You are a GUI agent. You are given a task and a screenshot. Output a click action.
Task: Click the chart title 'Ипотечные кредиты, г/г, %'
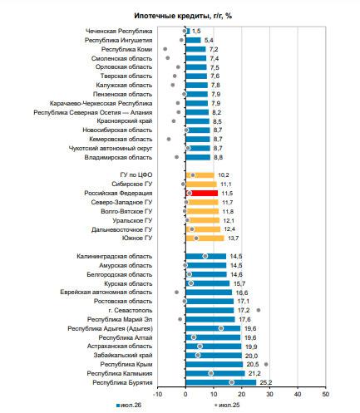click(183, 16)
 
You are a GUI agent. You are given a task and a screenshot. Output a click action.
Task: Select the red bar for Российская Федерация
click(202, 193)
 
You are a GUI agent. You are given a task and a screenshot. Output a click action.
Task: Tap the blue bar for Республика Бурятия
click(221, 382)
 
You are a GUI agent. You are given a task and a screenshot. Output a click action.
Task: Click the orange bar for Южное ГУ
click(205, 238)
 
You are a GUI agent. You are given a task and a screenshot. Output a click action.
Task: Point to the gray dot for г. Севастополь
click(259, 310)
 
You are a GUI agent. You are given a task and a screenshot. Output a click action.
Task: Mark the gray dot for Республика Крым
click(266, 364)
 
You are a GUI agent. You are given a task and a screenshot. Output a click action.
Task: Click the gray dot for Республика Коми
click(165, 49)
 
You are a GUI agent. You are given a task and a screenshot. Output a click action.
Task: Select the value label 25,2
click(265, 382)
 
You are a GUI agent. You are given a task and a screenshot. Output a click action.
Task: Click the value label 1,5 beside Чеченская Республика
click(196, 31)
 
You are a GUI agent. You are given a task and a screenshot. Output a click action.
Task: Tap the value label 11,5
click(227, 193)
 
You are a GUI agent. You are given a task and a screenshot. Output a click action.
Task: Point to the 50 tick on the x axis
click(326, 394)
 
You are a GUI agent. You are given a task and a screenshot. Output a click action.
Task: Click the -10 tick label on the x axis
click(158, 394)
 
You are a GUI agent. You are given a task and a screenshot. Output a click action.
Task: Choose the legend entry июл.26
click(129, 405)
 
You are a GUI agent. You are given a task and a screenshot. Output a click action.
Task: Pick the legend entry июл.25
click(227, 405)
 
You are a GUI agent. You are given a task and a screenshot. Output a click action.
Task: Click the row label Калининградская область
click(115, 256)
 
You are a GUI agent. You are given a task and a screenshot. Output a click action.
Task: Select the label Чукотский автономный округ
click(111, 148)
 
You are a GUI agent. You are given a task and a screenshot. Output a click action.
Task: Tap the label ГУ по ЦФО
click(136, 175)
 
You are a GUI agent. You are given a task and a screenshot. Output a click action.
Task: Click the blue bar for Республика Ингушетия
click(193, 40)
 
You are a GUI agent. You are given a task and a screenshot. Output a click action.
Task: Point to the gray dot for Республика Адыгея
click(221, 328)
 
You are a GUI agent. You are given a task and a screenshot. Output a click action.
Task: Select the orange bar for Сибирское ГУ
click(201, 184)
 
